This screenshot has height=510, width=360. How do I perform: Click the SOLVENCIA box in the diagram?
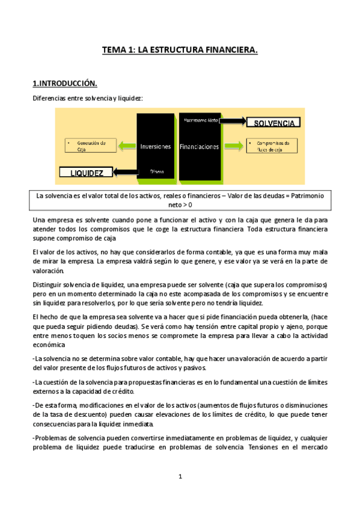273,123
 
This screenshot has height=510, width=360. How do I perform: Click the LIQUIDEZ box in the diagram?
87,173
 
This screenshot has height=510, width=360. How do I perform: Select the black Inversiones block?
156,146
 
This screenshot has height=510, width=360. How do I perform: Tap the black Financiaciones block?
200,146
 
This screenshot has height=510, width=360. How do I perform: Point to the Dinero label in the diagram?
157,171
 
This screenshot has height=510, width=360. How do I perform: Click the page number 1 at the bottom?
180,476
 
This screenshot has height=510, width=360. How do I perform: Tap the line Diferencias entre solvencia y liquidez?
88,98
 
